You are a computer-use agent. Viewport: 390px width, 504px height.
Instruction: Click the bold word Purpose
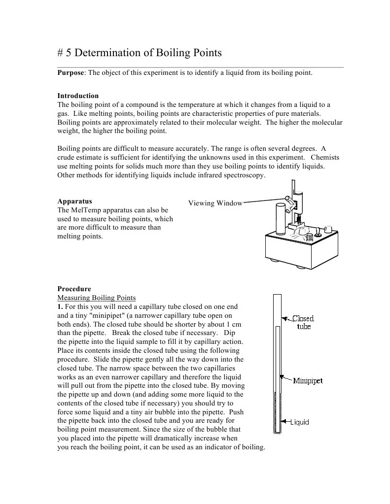pyautogui.click(x=71, y=73)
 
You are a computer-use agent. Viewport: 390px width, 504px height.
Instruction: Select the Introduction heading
pyautogui.click(x=78, y=96)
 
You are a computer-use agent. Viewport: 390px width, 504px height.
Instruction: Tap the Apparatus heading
pyautogui.click(x=74, y=201)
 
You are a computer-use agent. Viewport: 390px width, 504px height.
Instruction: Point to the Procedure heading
pyautogui.click(x=74, y=289)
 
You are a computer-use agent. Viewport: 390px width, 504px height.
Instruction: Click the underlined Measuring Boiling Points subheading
pyautogui.click(x=97, y=298)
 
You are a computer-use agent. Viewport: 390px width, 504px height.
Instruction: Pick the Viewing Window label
pyautogui.click(x=215, y=203)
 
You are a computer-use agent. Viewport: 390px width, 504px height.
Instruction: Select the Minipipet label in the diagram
pyautogui.click(x=308, y=381)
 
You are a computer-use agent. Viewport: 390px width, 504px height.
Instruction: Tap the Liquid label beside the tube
pyautogui.click(x=299, y=422)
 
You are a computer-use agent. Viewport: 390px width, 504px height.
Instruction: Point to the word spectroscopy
pyautogui.click(x=244, y=175)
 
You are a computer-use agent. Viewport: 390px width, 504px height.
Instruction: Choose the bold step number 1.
pyautogui.click(x=60, y=306)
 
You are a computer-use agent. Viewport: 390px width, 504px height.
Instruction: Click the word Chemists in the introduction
pyautogui.click(x=325, y=158)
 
